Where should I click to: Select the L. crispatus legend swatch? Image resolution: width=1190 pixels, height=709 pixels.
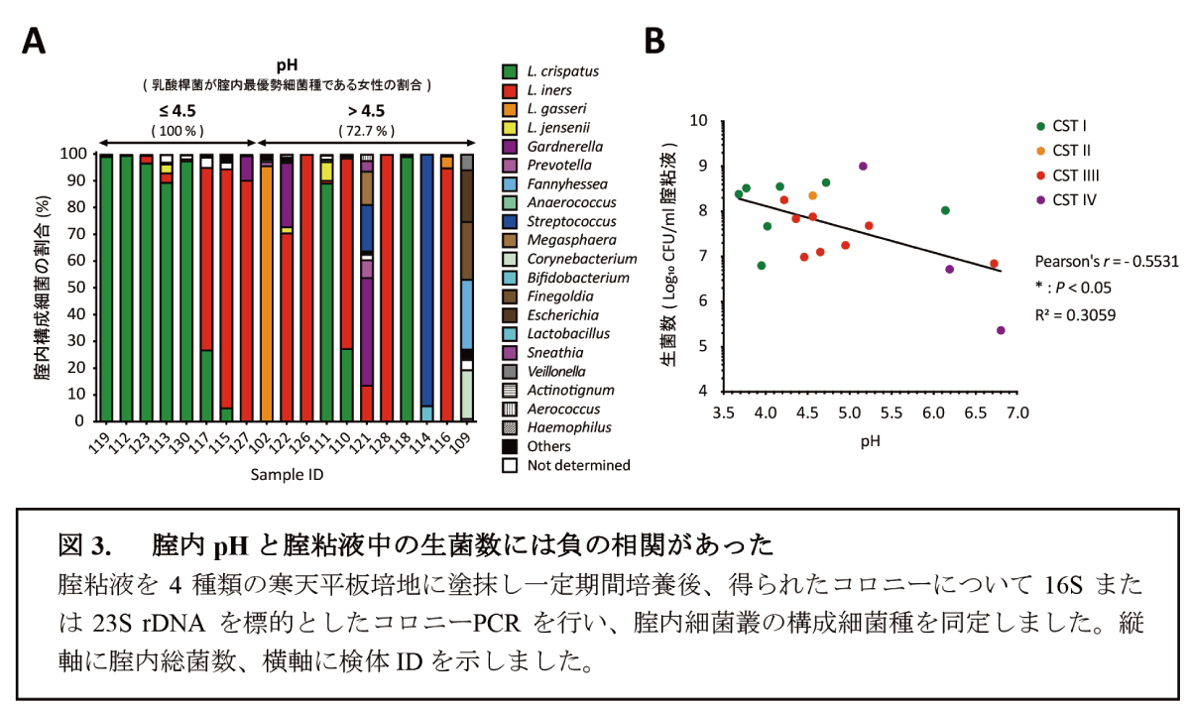(x=510, y=71)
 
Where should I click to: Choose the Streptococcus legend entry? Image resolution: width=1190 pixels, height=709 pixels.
(x=562, y=221)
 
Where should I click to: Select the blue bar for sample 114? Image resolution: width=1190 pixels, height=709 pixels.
(x=426, y=278)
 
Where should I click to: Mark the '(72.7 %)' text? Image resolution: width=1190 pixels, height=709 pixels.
(x=367, y=130)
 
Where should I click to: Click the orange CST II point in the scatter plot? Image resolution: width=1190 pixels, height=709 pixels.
(x=812, y=195)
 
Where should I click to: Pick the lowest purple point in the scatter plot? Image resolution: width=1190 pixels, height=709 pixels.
(x=1001, y=330)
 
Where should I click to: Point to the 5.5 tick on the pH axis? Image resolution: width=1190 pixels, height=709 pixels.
(x=892, y=411)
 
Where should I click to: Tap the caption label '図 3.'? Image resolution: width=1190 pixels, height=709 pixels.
(x=82, y=545)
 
